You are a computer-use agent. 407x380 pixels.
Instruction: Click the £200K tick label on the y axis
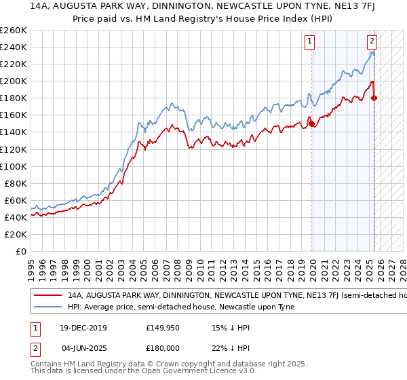14,81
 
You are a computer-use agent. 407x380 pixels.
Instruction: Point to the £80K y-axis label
16,183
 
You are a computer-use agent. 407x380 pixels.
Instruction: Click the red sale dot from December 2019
311,123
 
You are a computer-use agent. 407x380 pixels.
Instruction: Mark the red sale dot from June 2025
374,98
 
